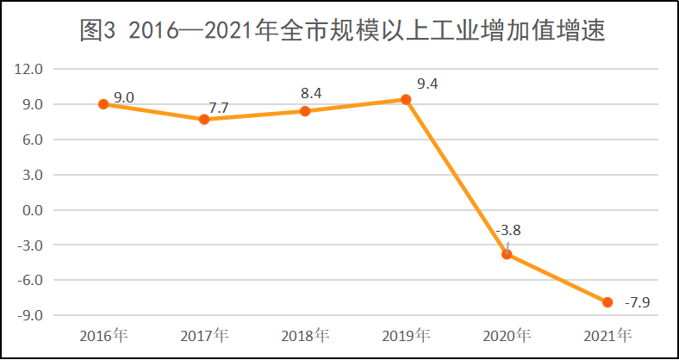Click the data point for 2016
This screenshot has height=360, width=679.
point(103,104)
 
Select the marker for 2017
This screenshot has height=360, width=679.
point(204,119)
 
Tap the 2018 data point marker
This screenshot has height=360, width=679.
point(305,111)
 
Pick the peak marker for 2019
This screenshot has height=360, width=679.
point(406,99)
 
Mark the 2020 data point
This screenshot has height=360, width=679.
point(507,254)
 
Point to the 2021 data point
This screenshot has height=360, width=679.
point(607,302)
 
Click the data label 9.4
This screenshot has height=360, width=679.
point(427,84)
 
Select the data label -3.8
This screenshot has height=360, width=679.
point(508,231)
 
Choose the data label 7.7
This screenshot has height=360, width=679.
point(219,108)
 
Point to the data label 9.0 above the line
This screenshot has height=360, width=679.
point(123,97)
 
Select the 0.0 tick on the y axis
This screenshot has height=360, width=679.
point(32,210)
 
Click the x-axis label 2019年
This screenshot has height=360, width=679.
point(406,335)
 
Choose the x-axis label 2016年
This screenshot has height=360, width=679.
point(103,335)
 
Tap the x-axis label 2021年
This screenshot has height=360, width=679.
point(607,335)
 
